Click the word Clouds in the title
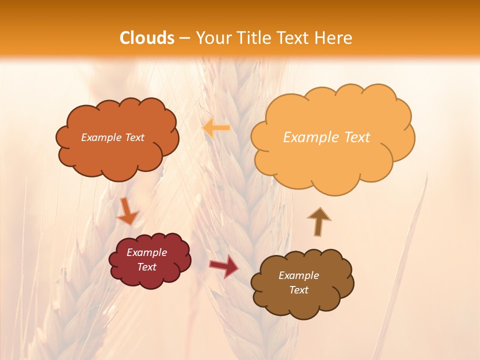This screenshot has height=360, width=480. tap(147, 38)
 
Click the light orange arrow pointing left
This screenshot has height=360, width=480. tap(216, 128)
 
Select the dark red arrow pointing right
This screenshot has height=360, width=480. tap(224, 266)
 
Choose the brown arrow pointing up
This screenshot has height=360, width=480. tap(318, 221)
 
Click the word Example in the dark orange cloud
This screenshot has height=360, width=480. tap(100, 137)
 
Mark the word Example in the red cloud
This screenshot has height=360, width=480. tap(146, 252)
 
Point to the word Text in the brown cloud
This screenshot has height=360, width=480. tap(298, 290)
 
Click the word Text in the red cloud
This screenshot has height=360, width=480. tap(146, 267)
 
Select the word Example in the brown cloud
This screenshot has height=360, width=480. tap(298, 275)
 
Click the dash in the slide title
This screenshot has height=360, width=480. tap(184, 38)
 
